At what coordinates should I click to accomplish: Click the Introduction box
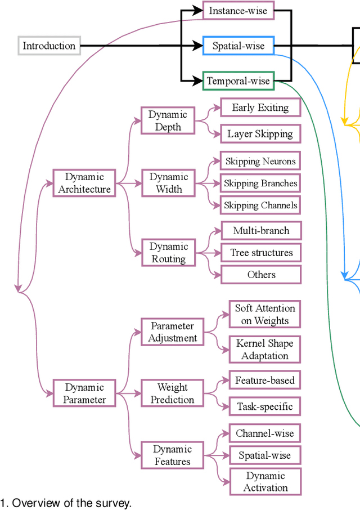click(x=49, y=46)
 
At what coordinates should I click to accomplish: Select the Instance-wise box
click(x=238, y=11)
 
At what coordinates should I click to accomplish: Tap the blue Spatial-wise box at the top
click(x=238, y=46)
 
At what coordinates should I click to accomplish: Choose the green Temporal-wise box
click(x=238, y=81)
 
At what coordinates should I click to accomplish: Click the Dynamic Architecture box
click(x=84, y=183)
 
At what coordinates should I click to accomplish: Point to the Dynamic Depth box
click(x=168, y=120)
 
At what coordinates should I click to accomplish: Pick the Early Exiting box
click(x=260, y=108)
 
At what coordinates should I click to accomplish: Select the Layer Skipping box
click(x=260, y=134)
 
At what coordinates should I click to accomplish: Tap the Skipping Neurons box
click(x=260, y=161)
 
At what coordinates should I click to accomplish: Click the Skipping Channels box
click(x=260, y=205)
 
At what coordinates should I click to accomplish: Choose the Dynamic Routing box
click(x=169, y=252)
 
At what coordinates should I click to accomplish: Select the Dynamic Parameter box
click(x=84, y=393)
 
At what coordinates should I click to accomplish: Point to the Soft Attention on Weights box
click(x=264, y=315)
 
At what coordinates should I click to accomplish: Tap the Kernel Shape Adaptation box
click(x=264, y=350)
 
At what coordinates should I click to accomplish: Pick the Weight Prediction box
click(x=172, y=393)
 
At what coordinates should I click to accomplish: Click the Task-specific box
click(x=264, y=406)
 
